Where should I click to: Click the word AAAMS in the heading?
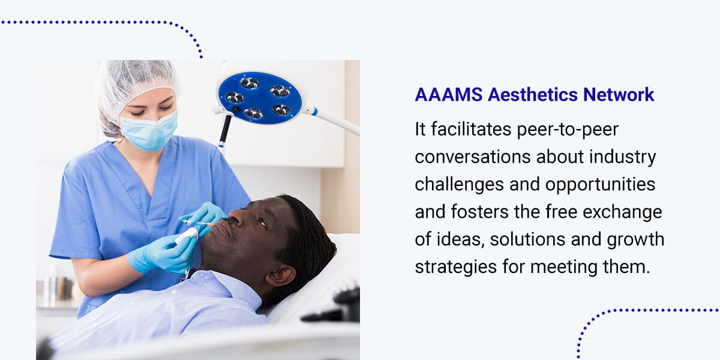pos(449,95)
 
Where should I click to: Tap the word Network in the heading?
pos(619,95)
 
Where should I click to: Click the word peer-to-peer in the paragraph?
pos(568,130)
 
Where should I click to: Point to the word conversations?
pos(473,157)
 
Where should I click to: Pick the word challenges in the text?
pos(460,185)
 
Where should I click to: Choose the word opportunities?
pos(600,185)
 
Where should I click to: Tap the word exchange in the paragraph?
pos(622,212)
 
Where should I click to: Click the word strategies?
pos(456,267)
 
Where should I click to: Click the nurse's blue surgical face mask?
pos(150,131)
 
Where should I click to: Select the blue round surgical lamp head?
pos(260,98)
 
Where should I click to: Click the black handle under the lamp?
pos(224,130)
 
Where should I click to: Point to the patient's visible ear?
pos(281,275)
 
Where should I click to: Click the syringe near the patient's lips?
pos(199,223)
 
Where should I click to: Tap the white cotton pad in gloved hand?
pos(187,236)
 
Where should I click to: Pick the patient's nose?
pos(236,217)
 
